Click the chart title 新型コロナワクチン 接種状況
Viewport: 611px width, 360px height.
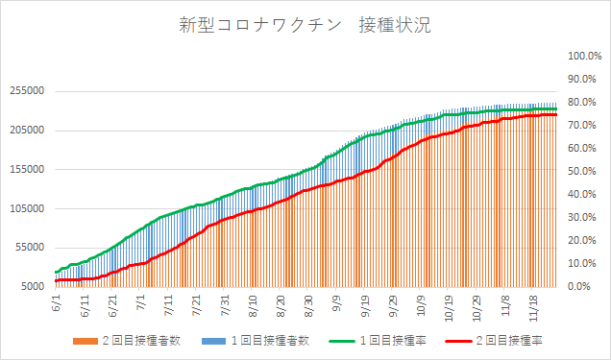tap(299, 27)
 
